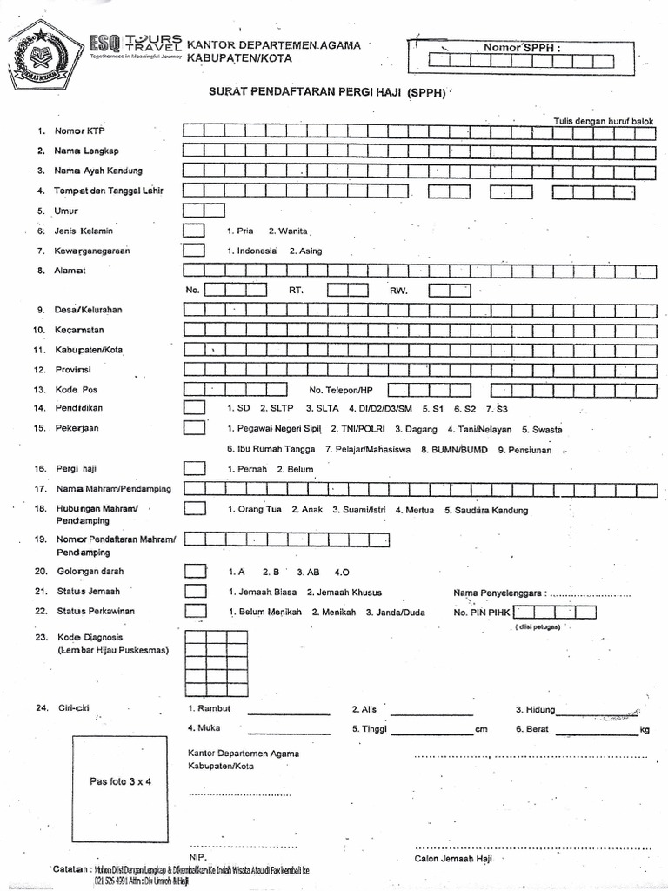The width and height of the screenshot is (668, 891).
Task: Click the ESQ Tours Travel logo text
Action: pyautogui.click(x=136, y=45)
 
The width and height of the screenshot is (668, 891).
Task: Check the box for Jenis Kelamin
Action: pyautogui.click(x=194, y=231)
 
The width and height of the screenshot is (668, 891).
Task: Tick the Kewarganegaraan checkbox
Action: pyautogui.click(x=194, y=251)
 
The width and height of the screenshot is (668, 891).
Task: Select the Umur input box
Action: pyautogui.click(x=204, y=210)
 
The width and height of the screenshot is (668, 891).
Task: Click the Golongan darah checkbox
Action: pyautogui.click(x=194, y=572)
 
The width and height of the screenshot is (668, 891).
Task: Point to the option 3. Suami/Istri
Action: pyautogui.click(x=359, y=510)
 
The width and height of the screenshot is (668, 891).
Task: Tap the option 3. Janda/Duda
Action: pyautogui.click(x=395, y=612)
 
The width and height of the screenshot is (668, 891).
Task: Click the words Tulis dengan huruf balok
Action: pyautogui.click(x=603, y=121)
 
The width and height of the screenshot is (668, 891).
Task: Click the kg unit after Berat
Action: pyautogui.click(x=644, y=729)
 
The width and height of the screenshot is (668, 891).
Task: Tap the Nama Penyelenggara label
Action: pyautogui.click(x=500, y=593)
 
